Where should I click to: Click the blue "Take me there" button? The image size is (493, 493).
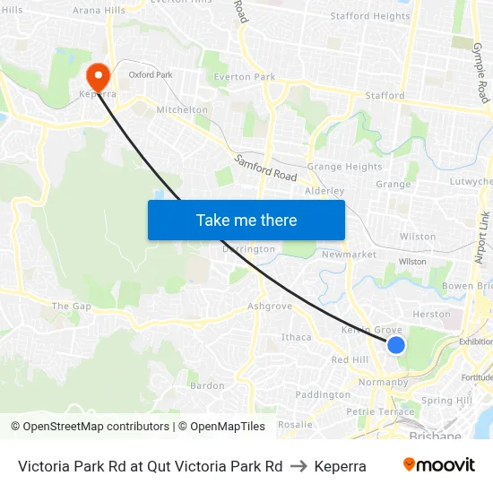point(246,220)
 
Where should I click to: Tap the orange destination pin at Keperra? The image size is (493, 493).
point(98,74)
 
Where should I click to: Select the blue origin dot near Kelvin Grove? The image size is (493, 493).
point(395,345)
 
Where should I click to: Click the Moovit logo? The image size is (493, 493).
point(438,465)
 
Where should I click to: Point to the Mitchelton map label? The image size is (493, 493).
point(182,110)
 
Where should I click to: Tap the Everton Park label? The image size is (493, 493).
point(244,77)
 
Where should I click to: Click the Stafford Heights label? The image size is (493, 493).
point(369,16)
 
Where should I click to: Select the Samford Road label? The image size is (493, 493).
point(265,169)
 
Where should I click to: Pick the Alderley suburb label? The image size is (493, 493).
point(324,191)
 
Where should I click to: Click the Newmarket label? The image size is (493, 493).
point(349,255)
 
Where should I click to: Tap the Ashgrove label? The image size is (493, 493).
point(270,306)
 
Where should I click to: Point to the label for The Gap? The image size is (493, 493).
point(71,306)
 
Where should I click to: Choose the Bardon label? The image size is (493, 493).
point(207,385)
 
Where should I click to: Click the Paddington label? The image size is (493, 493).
point(322,394)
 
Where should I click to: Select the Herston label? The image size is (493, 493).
point(431,315)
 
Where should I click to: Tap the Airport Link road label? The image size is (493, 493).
point(481,238)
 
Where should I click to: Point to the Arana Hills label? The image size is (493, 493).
point(99,10)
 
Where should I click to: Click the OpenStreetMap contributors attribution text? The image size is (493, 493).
point(91,427)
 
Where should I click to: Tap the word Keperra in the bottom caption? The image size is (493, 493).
point(340,466)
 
